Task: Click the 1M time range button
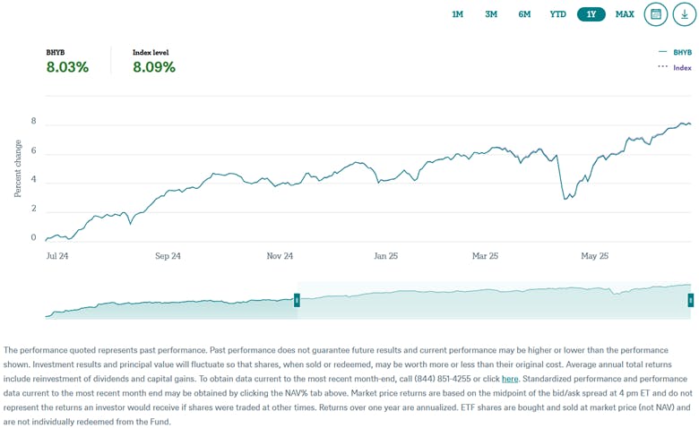(457, 14)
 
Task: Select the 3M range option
(491, 14)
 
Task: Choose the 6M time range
(524, 14)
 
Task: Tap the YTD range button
(557, 14)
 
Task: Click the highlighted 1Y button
(591, 14)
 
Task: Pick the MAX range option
(625, 14)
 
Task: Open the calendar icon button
(656, 14)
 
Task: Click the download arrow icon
(686, 14)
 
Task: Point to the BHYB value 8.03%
(67, 67)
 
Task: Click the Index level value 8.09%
(154, 67)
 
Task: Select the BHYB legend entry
(680, 53)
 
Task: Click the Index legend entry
(681, 67)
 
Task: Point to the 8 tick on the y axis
(33, 122)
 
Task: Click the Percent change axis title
(18, 169)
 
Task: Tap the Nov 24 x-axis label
(280, 256)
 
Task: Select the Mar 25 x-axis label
(485, 256)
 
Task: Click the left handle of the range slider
(297, 301)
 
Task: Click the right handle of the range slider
(690, 301)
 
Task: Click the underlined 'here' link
(510, 379)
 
